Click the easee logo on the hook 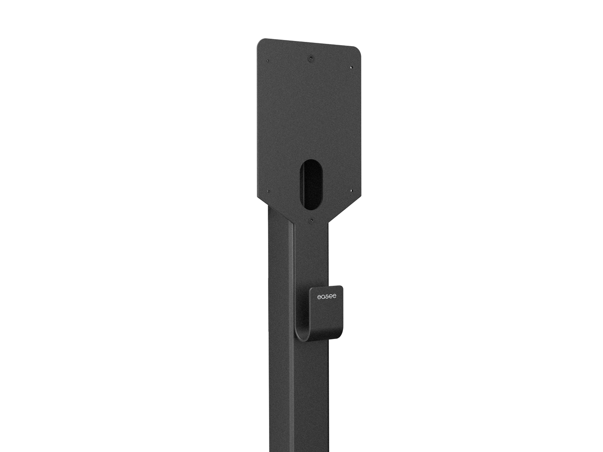326,297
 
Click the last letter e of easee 334,297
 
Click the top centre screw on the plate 310,59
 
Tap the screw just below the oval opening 311,219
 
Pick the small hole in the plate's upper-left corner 268,61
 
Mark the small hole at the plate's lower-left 268,191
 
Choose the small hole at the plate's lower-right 351,191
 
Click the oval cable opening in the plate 311,184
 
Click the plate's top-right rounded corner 358,49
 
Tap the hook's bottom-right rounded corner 341,336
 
